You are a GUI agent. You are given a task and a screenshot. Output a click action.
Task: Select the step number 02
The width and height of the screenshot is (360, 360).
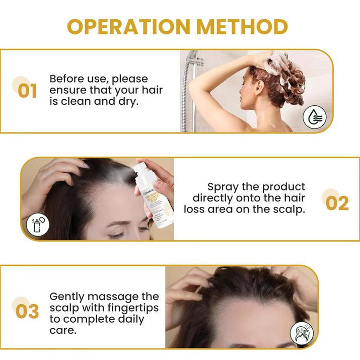[337, 202]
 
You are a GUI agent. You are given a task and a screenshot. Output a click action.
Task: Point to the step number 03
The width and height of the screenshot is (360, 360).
[27, 311]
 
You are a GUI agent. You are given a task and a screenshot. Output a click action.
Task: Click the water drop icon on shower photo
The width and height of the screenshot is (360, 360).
[314, 117]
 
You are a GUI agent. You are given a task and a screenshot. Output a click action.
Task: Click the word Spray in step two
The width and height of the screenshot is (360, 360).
[223, 186]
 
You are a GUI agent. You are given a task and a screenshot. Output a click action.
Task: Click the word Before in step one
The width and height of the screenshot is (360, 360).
[67, 79]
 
